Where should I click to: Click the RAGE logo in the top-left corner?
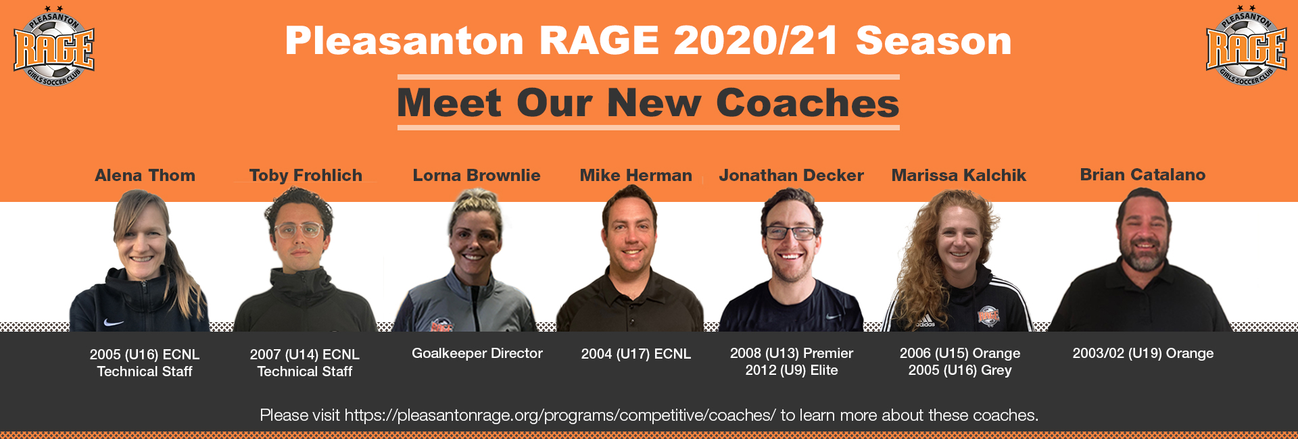54,46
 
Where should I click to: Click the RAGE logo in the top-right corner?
1247,46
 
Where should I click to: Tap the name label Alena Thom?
145,176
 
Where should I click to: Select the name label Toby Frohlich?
306,176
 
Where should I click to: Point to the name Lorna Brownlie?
477,176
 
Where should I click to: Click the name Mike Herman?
636,176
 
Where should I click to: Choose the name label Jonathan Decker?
791,176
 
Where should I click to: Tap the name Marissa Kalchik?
959,176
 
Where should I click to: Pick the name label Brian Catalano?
1143,175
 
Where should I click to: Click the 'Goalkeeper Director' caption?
477,353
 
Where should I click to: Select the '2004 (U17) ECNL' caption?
636,354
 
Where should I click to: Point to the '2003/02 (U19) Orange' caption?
1143,353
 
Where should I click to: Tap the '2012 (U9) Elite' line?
792,370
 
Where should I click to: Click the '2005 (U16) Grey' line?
960,370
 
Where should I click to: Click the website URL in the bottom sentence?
560,415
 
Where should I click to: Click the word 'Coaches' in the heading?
807,103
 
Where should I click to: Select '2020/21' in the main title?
756,41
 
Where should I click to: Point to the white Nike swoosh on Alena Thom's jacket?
114,322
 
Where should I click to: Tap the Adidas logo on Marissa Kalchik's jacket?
926,324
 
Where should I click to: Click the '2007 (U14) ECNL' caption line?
305,355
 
